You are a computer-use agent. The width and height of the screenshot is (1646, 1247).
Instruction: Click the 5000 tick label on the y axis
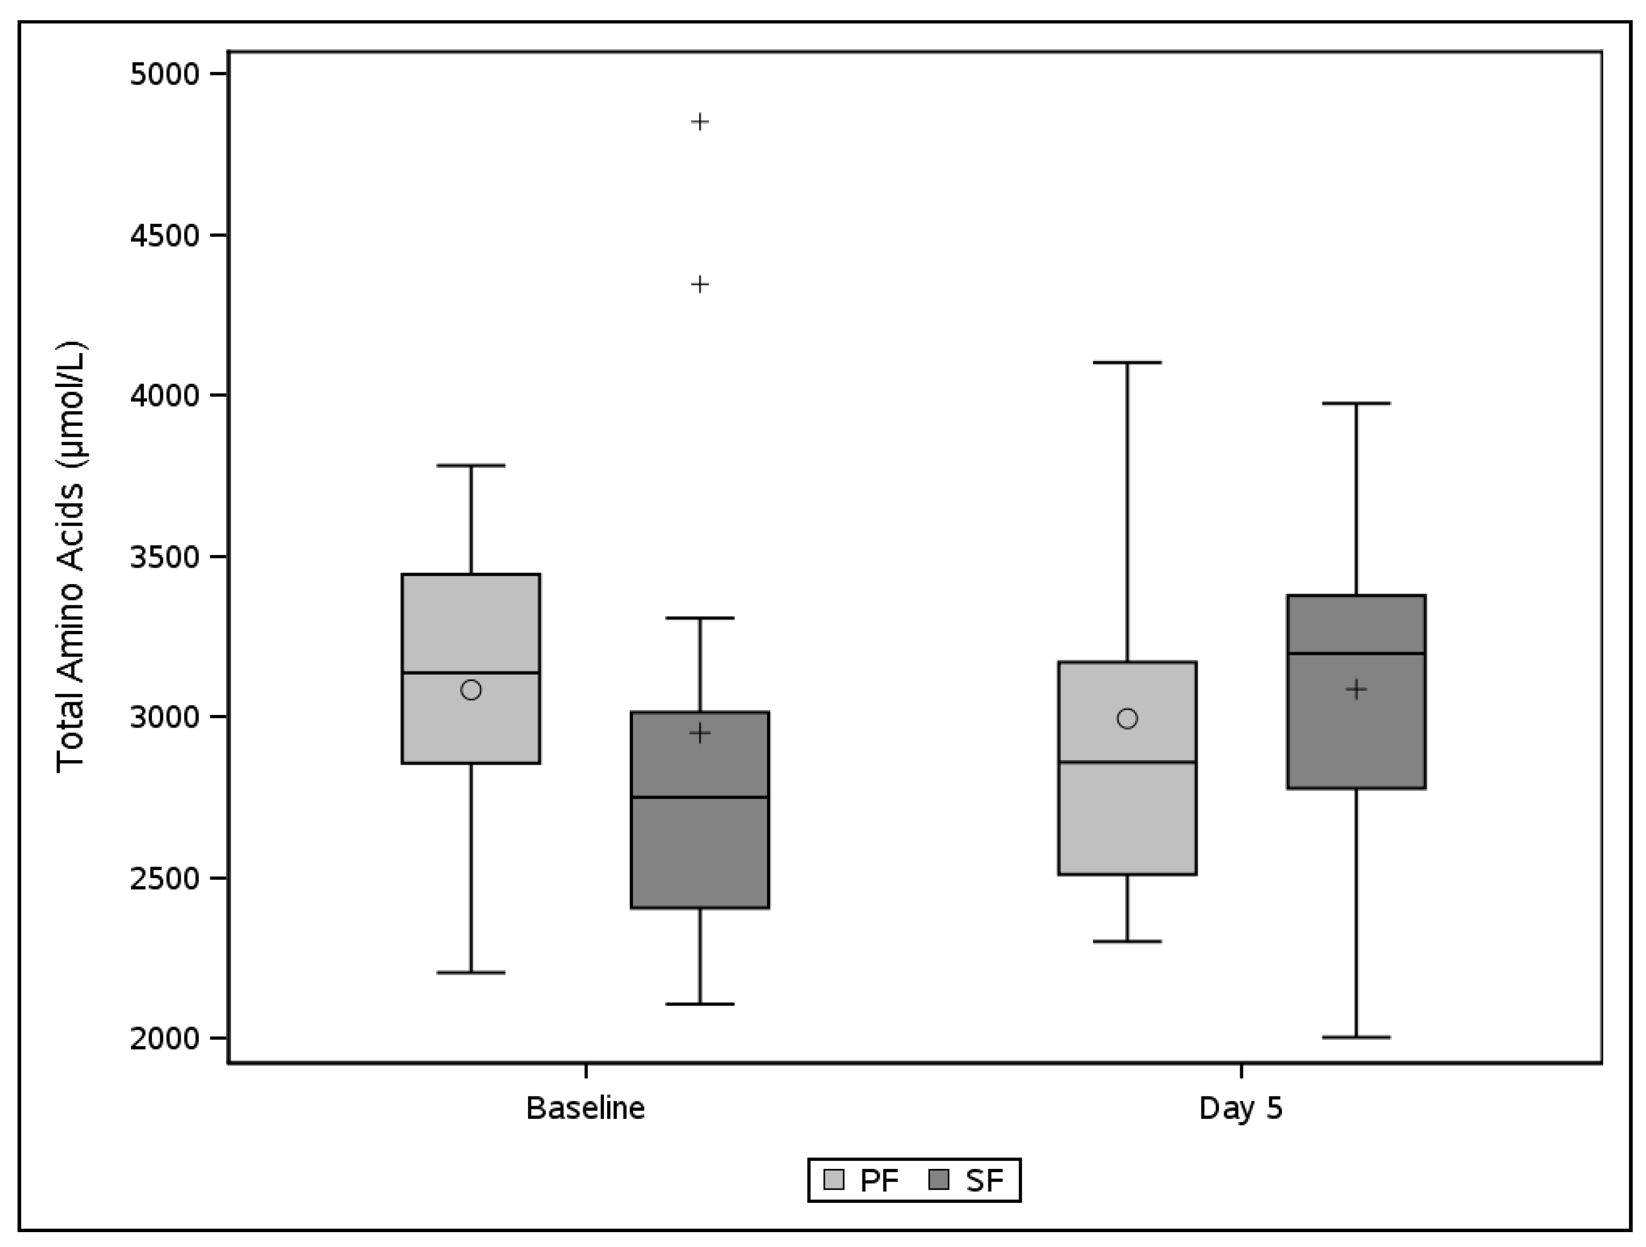pyautogui.click(x=165, y=74)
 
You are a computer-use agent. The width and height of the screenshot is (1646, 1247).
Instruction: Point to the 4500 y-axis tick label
pyautogui.click(x=165, y=236)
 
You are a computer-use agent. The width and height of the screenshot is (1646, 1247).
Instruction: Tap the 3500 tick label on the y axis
pyautogui.click(x=165, y=557)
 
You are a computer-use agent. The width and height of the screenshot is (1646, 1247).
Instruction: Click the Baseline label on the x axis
pyautogui.click(x=586, y=1108)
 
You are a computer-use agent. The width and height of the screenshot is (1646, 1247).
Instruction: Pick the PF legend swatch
pyautogui.click(x=834, y=1180)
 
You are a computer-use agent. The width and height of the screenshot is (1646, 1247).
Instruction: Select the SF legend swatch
pyautogui.click(x=940, y=1180)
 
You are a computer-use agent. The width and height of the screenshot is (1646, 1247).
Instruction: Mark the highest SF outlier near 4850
pyautogui.click(x=700, y=121)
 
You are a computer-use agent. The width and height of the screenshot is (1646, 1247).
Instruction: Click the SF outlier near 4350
pyautogui.click(x=700, y=284)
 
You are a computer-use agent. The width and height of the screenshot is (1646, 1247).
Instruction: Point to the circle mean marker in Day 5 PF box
pyautogui.click(x=1128, y=719)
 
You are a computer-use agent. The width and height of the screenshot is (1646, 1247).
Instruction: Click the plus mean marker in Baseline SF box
pyautogui.click(x=700, y=734)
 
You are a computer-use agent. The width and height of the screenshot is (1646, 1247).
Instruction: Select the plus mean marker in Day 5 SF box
pyautogui.click(x=1357, y=689)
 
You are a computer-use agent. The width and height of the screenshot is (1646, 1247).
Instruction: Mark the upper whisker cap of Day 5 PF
pyautogui.click(x=1128, y=363)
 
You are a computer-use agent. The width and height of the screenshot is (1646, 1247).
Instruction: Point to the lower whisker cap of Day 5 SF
pyautogui.click(x=1357, y=1037)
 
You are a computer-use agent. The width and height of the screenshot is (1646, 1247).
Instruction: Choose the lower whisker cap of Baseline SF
pyautogui.click(x=700, y=1004)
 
